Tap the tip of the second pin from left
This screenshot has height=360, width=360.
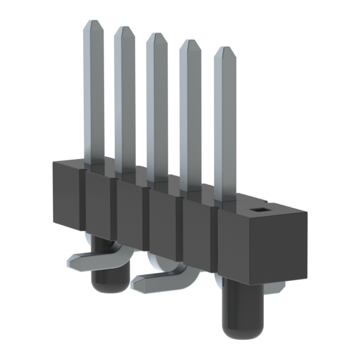coord(124,29)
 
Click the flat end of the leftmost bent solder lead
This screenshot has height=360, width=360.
coord(71,259)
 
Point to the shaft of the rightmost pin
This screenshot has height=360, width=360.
coord(225,129)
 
